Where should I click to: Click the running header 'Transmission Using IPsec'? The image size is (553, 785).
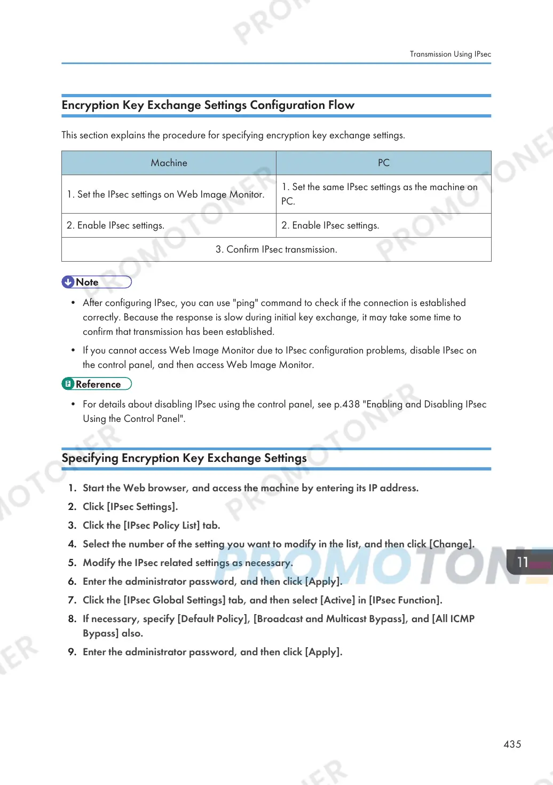pyautogui.click(x=450, y=54)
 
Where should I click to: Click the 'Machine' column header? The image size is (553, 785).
pyautogui.click(x=169, y=163)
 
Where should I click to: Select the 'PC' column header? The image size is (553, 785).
pyautogui.click(x=383, y=163)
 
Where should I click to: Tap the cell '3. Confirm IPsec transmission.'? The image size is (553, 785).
pyautogui.click(x=276, y=249)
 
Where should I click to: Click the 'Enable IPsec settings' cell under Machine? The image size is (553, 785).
pyautogui.click(x=115, y=225)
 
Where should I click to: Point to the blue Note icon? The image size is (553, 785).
pyautogui.click(x=68, y=282)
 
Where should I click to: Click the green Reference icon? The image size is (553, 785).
pyautogui.click(x=68, y=384)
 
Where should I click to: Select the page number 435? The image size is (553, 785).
pyautogui.click(x=512, y=744)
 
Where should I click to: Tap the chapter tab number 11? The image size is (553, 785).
pyautogui.click(x=523, y=562)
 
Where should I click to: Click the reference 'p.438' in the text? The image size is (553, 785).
pyautogui.click(x=347, y=404)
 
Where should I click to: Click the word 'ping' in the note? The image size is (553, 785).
pyautogui.click(x=246, y=303)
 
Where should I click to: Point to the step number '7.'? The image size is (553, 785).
pyautogui.click(x=72, y=600)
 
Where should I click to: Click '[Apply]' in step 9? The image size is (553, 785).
pyautogui.click(x=323, y=651)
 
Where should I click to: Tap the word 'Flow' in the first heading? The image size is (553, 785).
pyautogui.click(x=341, y=105)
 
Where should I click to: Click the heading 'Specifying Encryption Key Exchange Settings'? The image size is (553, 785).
pyautogui.click(x=184, y=458)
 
